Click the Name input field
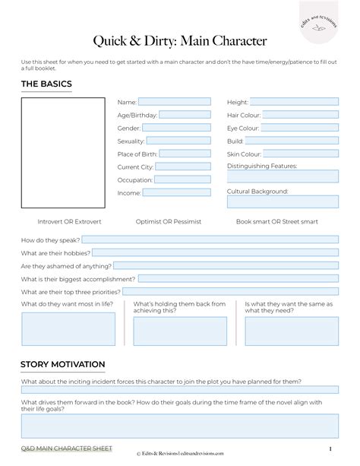174,101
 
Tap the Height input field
294,101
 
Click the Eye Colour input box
300,128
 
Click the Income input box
176,193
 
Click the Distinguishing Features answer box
283,176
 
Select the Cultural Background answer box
283,203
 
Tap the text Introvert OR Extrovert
70,222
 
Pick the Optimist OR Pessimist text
167,222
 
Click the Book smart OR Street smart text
277,222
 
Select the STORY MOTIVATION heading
63,365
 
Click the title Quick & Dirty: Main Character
180,40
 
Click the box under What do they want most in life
68,329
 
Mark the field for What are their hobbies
216,252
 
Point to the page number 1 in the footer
330,449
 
